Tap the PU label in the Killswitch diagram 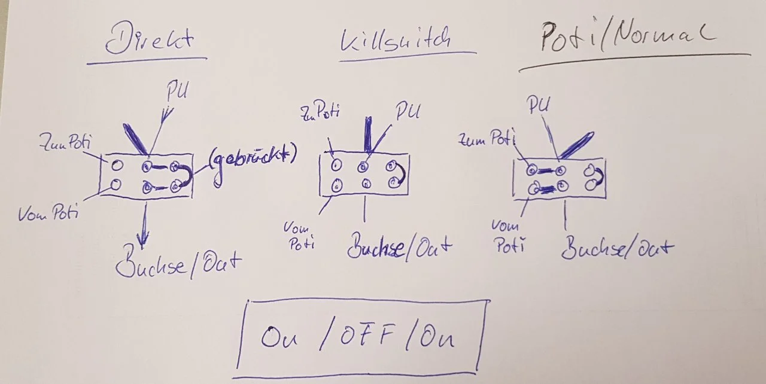[408, 112]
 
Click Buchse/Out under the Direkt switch [178, 264]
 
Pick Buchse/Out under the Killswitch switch [399, 247]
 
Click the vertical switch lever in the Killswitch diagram [366, 135]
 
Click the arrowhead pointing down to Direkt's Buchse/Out [142, 238]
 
